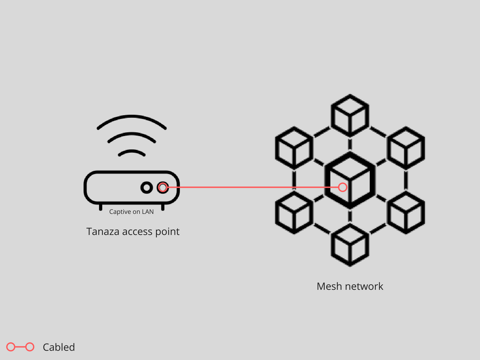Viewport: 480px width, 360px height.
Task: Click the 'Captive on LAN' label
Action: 131,212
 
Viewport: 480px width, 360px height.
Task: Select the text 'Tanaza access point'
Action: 133,232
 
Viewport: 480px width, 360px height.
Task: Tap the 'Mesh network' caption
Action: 350,286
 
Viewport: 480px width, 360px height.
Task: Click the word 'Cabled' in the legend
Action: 59,347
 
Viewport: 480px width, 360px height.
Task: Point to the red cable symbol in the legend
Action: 21,347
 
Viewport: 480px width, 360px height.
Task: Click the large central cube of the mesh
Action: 350,180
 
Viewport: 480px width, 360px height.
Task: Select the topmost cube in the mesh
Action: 350,115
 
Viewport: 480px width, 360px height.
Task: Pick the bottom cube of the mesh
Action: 350,245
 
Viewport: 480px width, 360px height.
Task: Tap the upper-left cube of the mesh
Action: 294,148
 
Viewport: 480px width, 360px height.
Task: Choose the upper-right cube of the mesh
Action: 406,148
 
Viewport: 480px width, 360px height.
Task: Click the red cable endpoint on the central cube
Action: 343,187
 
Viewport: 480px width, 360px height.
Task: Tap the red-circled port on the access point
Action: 163,187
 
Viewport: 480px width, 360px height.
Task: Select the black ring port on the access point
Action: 147,187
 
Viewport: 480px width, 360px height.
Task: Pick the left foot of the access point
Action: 100,207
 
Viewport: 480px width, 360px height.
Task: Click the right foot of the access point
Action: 163,207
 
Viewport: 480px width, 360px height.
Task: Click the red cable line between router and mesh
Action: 253,187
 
